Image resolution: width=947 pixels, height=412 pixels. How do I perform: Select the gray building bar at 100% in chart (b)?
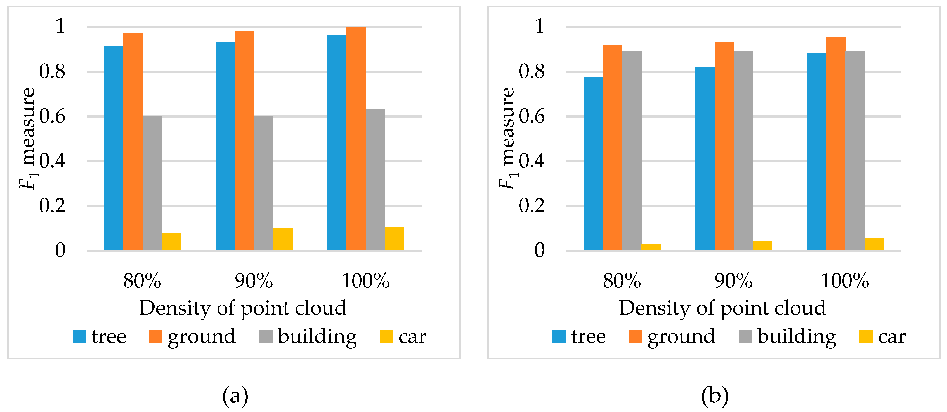(x=855, y=151)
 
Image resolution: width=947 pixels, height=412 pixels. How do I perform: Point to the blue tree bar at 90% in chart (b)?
(x=705, y=158)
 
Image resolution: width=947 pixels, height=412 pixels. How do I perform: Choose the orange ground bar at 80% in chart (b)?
(x=613, y=147)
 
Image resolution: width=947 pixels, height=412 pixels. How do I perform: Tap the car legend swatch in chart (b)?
(x=866, y=337)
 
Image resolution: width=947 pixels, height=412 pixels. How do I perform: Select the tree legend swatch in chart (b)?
(x=559, y=337)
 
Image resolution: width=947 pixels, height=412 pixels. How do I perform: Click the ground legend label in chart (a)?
(x=202, y=337)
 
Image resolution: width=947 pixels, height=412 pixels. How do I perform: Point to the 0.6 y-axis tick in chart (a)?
(x=52, y=116)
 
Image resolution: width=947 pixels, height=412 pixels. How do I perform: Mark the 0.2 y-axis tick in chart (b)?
(x=532, y=206)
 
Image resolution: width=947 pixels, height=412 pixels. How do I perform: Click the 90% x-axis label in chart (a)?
(x=254, y=281)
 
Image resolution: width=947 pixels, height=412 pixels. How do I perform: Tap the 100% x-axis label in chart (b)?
(x=845, y=281)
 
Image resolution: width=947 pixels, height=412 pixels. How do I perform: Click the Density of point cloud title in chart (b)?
(x=722, y=308)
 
